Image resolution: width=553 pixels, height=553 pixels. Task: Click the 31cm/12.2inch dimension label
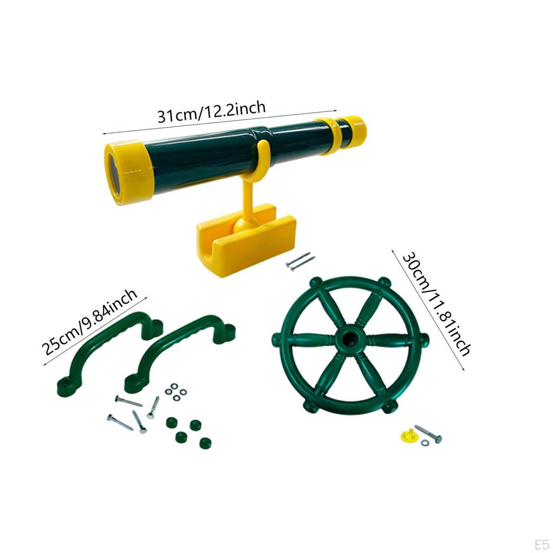(x=212, y=112)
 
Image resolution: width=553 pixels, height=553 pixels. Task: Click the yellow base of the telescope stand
(x=246, y=240)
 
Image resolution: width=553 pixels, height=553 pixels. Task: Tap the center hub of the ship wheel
(x=348, y=341)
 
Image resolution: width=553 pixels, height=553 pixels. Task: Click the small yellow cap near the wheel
(x=409, y=434)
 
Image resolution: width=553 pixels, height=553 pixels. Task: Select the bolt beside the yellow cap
(x=428, y=433)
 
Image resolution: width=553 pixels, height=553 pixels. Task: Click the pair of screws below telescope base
(x=300, y=261)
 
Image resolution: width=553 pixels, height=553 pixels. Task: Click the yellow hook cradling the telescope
(x=261, y=157)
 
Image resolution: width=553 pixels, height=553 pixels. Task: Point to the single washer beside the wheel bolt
(x=425, y=443)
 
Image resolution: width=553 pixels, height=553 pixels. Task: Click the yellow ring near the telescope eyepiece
(x=331, y=137)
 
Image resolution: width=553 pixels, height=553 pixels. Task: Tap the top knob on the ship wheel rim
(x=384, y=282)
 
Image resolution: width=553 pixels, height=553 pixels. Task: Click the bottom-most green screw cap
(x=205, y=443)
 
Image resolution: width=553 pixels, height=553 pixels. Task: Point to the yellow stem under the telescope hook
(x=248, y=200)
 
